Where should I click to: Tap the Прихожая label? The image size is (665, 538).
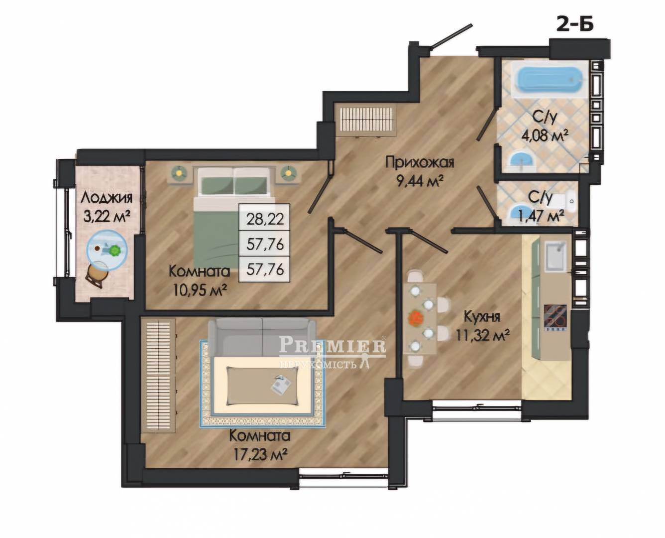[420, 163]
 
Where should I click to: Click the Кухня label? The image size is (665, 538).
[482, 317]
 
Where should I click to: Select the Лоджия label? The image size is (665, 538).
[107, 198]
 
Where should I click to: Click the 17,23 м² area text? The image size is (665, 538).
[260, 455]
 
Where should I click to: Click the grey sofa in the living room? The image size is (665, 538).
[262, 337]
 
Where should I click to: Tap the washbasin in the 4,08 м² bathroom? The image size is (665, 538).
[521, 160]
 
